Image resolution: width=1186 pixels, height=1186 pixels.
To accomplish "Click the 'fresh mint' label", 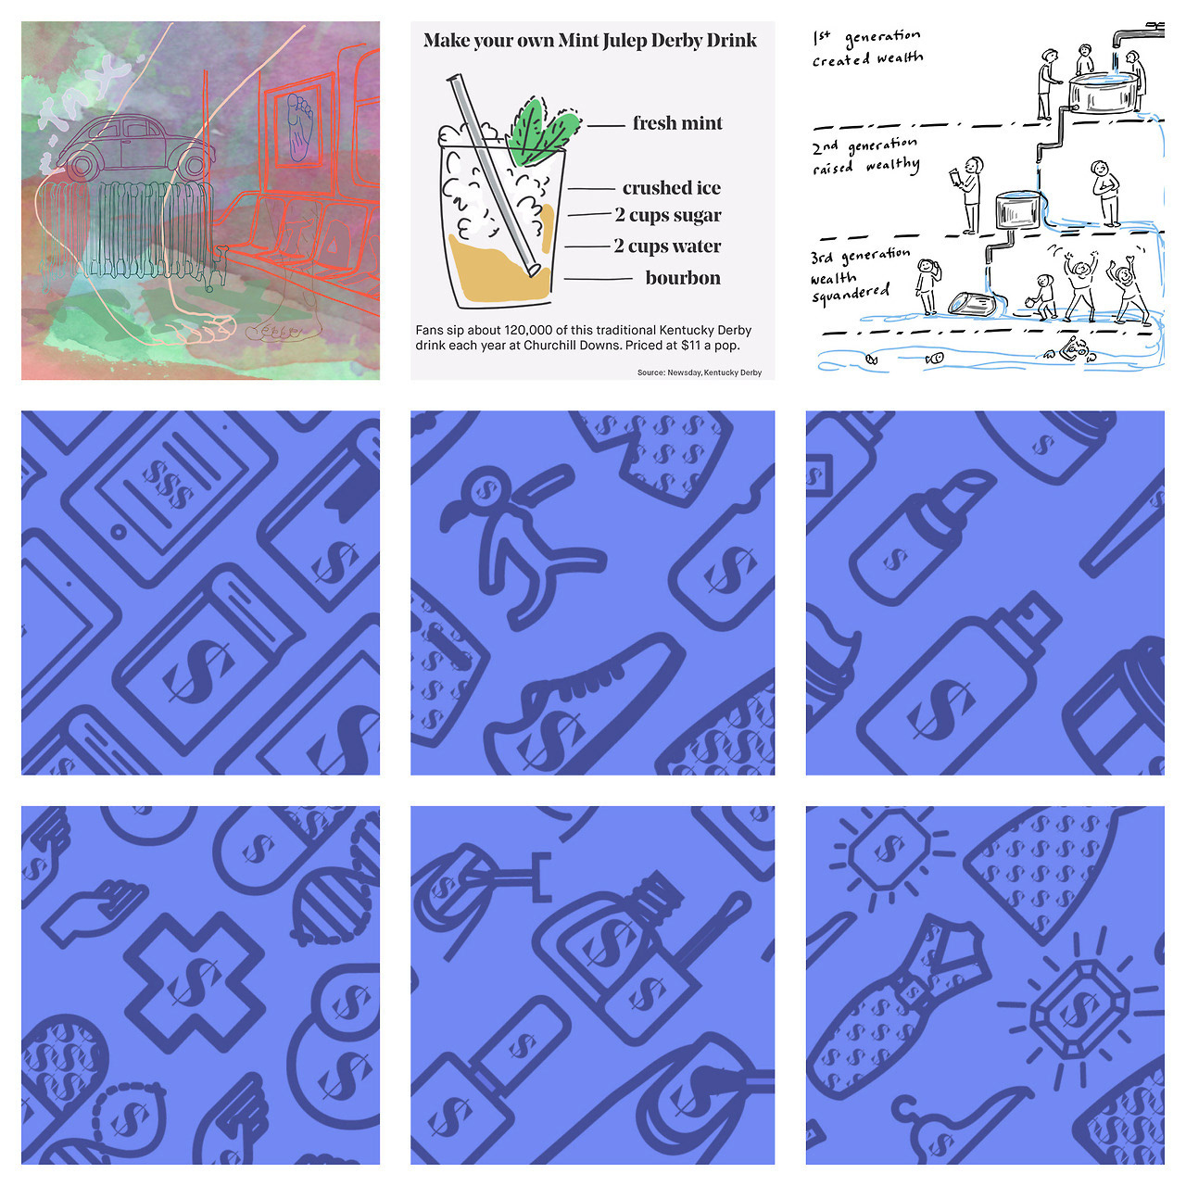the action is [x=677, y=123].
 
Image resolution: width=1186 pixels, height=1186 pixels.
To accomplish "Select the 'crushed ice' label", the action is [x=672, y=188].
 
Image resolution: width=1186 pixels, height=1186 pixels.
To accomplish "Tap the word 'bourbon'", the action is [x=683, y=278].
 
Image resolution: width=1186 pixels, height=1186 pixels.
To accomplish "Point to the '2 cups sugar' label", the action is [x=668, y=215].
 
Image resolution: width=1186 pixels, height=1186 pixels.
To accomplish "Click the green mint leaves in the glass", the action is [x=542, y=133].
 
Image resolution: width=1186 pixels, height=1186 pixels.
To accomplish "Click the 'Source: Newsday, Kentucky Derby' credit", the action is [x=700, y=372].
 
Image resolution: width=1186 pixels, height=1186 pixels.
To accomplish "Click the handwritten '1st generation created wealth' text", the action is [x=866, y=47].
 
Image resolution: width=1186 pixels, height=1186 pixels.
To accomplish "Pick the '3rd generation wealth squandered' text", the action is [x=859, y=276].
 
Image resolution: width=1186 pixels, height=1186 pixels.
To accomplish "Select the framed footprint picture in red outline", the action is [x=297, y=127].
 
